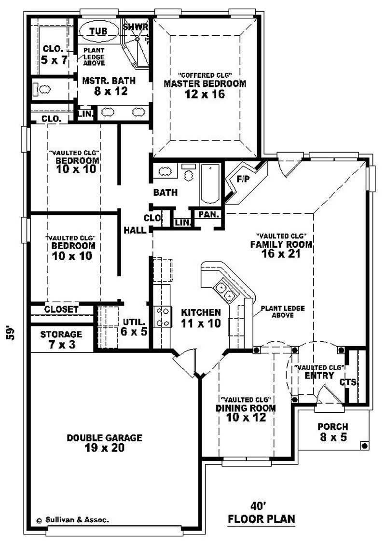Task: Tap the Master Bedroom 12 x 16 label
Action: tap(205, 88)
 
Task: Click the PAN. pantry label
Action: tap(209, 214)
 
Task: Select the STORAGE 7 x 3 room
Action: tap(61, 339)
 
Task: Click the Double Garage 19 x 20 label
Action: tap(104, 443)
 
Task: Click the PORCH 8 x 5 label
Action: tap(333, 432)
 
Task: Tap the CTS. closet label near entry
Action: tap(348, 382)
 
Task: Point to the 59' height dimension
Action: tap(11, 333)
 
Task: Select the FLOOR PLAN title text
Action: tap(261, 519)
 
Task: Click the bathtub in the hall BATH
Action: tap(210, 184)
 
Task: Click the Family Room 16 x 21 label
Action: tap(281, 249)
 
